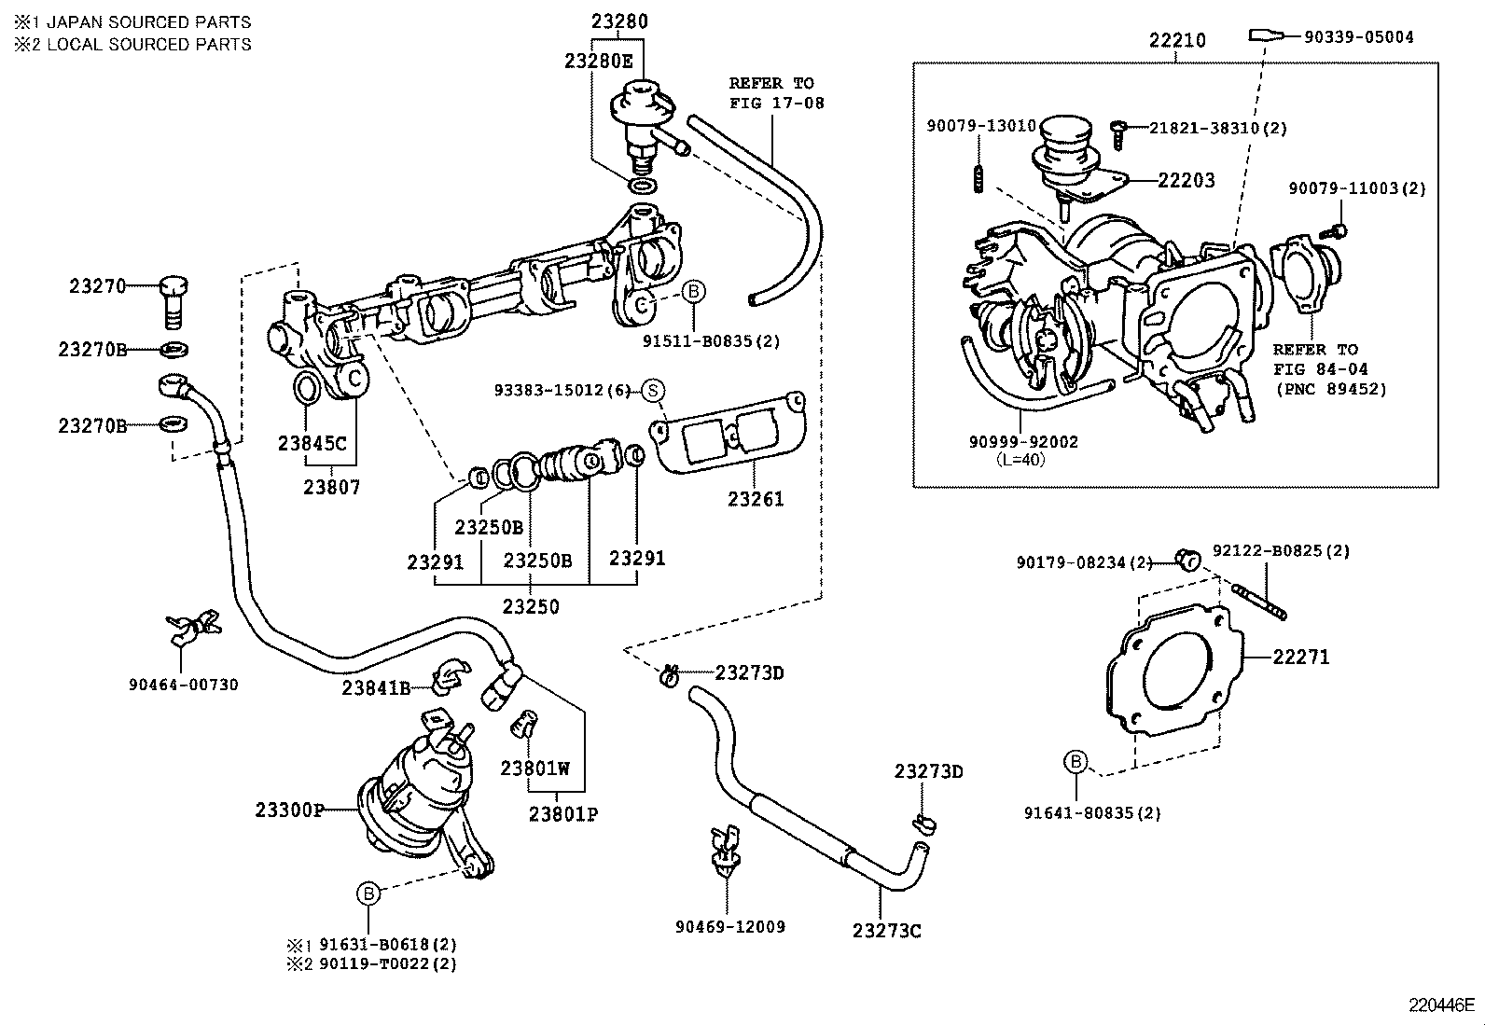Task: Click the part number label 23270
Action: coord(97,286)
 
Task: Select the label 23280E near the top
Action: coord(598,60)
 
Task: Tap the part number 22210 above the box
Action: coord(1176,40)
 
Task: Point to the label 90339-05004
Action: coord(1358,37)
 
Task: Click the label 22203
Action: coord(1186,181)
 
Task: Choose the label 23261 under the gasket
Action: coord(756,499)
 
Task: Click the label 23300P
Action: coord(289,810)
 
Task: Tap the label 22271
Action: coord(1301,657)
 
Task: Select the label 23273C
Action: coord(886,931)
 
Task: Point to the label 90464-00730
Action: coord(184,685)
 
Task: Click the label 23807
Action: coord(331,487)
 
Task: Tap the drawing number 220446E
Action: coord(1441,1005)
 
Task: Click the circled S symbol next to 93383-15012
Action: coord(653,390)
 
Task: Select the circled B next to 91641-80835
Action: coord(1076,763)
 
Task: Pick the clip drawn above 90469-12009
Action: coord(724,848)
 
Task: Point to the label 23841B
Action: coord(376,688)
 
